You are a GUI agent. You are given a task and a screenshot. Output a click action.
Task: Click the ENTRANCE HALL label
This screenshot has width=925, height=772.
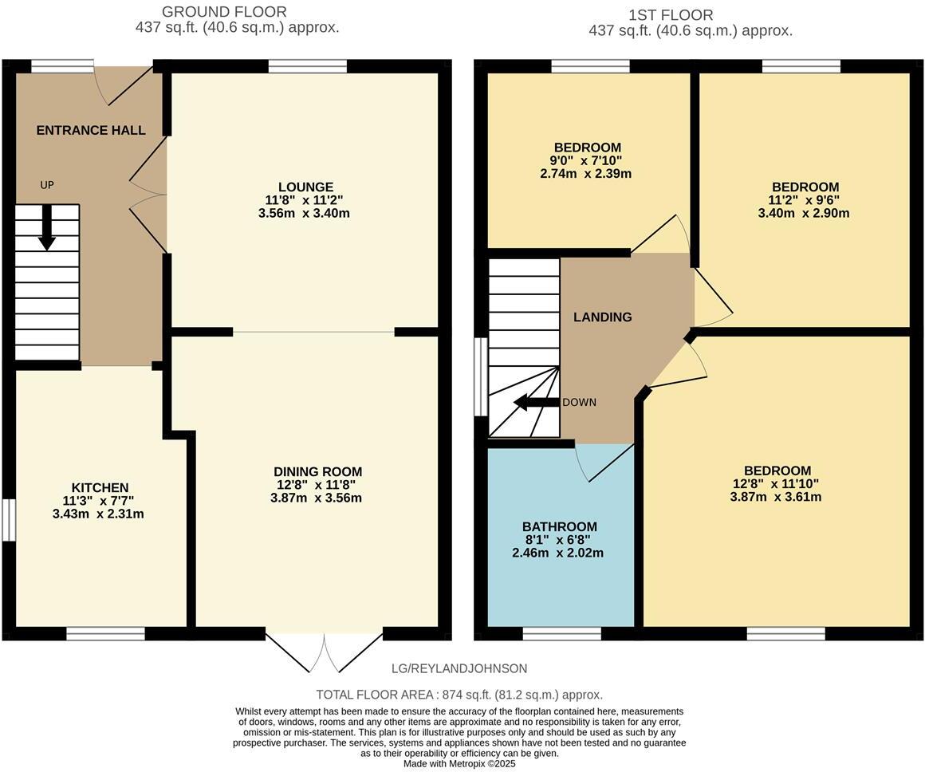pos(91,131)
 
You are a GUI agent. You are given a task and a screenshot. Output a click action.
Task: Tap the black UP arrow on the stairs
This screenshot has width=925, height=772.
pos(46,227)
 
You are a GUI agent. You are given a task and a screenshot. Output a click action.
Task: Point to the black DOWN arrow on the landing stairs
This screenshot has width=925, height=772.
pos(536,403)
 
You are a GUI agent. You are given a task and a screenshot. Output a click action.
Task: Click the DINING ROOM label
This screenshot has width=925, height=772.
pos(317,471)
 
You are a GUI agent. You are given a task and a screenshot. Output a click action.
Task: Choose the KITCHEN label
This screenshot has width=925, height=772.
pos(100,487)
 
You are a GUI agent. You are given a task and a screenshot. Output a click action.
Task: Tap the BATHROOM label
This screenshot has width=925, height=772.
pos(559,526)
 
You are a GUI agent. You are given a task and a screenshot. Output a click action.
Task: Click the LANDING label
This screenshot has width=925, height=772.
pos(602,317)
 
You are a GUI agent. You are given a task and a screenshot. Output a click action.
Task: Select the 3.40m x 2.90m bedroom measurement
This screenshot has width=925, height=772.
pos(804,213)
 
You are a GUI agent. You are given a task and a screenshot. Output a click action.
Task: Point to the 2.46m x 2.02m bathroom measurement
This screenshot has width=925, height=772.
pos(557,553)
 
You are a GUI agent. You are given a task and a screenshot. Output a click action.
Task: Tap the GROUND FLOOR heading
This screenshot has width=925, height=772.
pos(224,11)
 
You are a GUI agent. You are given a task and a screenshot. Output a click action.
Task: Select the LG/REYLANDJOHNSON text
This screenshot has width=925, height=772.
pos(459,668)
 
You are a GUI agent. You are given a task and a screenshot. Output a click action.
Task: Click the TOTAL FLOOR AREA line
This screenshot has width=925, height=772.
pos(459,695)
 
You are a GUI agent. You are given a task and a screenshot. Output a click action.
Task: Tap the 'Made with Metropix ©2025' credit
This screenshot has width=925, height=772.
pos(459,764)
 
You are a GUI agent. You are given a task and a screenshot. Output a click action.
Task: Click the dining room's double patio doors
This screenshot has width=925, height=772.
pos(324,653)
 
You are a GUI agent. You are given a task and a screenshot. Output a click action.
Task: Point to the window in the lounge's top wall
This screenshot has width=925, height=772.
pos(308,66)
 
